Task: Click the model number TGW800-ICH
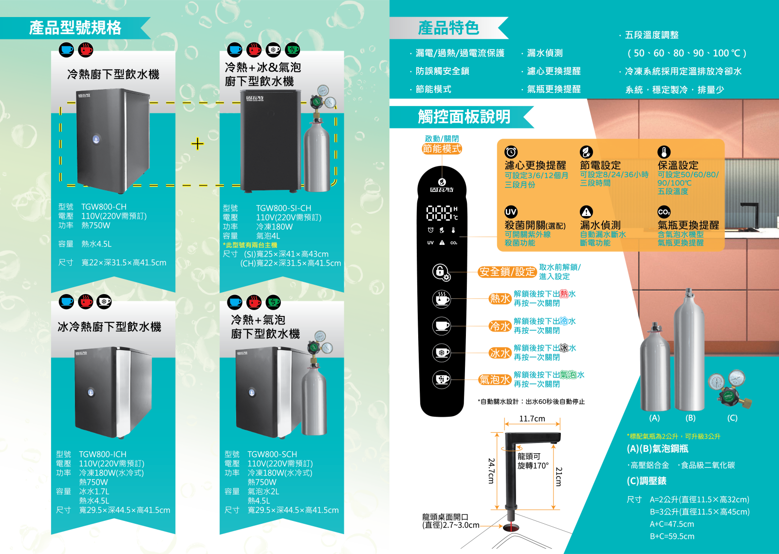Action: [102, 454]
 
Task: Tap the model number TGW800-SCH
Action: [272, 454]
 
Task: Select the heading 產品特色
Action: [448, 28]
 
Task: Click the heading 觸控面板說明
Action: [464, 117]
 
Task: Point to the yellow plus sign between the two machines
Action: [197, 144]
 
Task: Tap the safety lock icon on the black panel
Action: [441, 272]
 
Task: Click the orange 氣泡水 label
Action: [495, 379]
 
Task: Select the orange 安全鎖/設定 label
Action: [507, 272]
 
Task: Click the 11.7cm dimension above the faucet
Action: [532, 418]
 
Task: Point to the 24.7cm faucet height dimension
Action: [491, 471]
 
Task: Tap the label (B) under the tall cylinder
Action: [690, 418]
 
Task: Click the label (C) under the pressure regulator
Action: [732, 418]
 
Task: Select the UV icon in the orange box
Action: [511, 212]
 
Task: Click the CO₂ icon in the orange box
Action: [664, 212]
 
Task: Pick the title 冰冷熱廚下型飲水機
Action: [110, 327]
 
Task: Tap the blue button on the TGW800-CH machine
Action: [96, 139]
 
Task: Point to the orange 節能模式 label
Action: [442, 149]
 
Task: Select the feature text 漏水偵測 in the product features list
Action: [545, 53]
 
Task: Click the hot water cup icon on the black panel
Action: [441, 299]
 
